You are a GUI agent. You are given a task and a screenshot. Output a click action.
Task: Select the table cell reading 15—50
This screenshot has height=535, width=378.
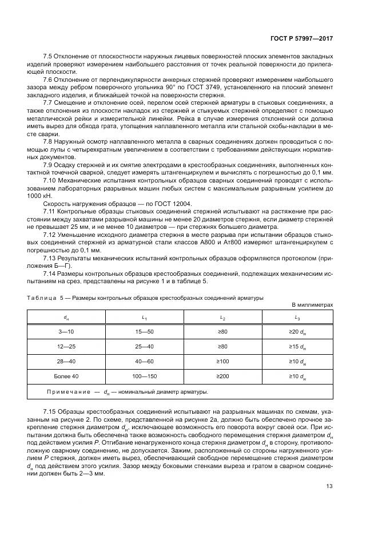click(x=144, y=331)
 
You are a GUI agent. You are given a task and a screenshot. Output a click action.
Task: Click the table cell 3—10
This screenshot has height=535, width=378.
click(x=66, y=331)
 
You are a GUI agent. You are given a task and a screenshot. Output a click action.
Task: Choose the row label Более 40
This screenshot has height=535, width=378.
click(x=66, y=377)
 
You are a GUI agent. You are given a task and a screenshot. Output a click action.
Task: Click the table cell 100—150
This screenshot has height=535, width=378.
click(x=144, y=377)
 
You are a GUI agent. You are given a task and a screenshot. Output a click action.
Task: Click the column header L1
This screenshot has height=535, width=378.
click(x=144, y=317)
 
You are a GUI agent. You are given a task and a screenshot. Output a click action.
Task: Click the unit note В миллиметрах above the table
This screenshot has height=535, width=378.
click(x=312, y=305)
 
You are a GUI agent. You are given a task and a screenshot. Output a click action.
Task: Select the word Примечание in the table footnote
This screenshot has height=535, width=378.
click(x=69, y=392)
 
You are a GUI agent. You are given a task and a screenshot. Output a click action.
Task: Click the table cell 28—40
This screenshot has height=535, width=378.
click(x=66, y=362)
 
